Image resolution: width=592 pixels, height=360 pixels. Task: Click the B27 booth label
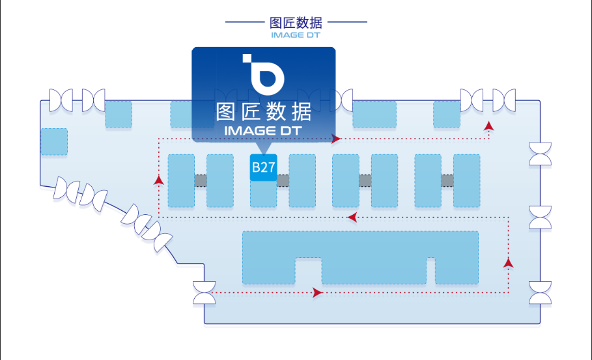click(x=263, y=168)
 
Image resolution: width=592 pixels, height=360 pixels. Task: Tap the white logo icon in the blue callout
click(x=264, y=73)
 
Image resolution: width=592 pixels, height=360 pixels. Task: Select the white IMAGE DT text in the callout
click(x=263, y=131)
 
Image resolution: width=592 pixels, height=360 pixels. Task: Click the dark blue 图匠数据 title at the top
click(x=296, y=23)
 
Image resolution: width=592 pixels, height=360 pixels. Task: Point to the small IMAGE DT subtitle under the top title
click(x=296, y=35)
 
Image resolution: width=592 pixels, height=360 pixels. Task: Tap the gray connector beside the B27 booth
click(x=283, y=180)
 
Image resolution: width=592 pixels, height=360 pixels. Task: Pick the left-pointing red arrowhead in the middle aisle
click(x=352, y=217)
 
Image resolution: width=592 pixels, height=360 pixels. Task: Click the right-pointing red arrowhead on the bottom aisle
click(x=317, y=293)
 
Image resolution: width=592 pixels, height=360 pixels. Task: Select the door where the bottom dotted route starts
click(x=204, y=292)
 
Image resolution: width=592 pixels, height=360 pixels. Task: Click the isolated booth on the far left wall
click(x=54, y=141)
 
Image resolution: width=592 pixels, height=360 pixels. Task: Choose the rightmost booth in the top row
click(x=447, y=114)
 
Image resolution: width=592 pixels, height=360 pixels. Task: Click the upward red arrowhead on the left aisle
click(x=158, y=180)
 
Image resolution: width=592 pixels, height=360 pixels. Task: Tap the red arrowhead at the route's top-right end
click(x=488, y=124)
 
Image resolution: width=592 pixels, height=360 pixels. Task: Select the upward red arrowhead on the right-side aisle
click(x=508, y=262)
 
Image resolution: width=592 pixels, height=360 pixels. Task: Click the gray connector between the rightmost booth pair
click(x=447, y=180)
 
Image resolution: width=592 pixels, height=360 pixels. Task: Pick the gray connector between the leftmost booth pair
click(x=201, y=180)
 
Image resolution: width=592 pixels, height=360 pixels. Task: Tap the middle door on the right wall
click(x=540, y=217)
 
